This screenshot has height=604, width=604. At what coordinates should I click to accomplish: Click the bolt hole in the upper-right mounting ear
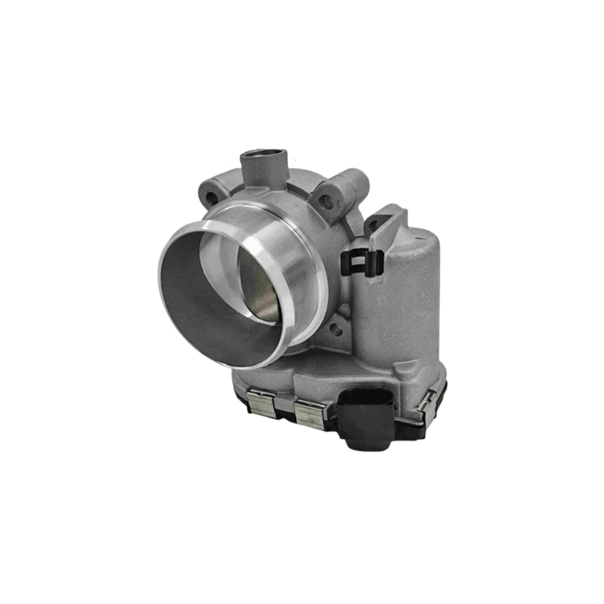[x=327, y=202]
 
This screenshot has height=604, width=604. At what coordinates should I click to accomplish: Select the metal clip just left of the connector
[x=310, y=415]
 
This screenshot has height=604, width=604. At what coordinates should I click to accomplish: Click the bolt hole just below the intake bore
[x=335, y=328]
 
